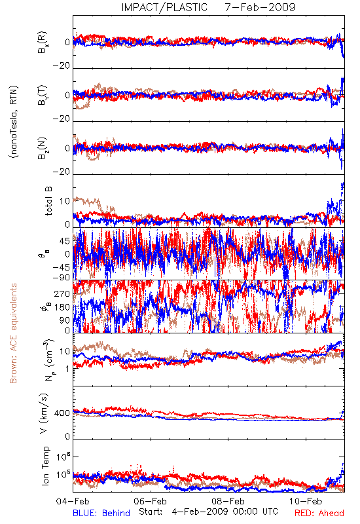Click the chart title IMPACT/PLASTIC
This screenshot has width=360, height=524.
coord(164,7)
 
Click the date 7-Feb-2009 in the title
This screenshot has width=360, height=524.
coord(260,7)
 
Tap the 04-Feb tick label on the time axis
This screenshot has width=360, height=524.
coord(73,501)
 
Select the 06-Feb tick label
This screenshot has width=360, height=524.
coord(151,501)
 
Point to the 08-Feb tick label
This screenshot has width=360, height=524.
coord(228,501)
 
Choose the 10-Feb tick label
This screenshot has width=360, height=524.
coord(306,501)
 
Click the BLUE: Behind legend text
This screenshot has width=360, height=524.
coord(101,513)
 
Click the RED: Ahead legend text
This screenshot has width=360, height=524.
coord(319,513)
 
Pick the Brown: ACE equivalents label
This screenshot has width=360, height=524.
coord(13,333)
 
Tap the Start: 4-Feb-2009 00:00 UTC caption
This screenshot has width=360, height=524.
coord(208,512)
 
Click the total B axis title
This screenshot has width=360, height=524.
coord(48,201)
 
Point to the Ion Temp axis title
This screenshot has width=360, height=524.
coord(45,466)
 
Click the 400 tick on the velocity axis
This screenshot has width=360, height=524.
coord(62,413)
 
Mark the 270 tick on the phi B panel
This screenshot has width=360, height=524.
coord(62,293)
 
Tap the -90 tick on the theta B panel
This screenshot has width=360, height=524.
coord(61,277)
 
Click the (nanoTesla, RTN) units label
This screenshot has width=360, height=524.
coord(14,122)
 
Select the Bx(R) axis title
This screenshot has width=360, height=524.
coord(43,43)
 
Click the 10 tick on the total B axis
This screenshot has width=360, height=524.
coord(65,201)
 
